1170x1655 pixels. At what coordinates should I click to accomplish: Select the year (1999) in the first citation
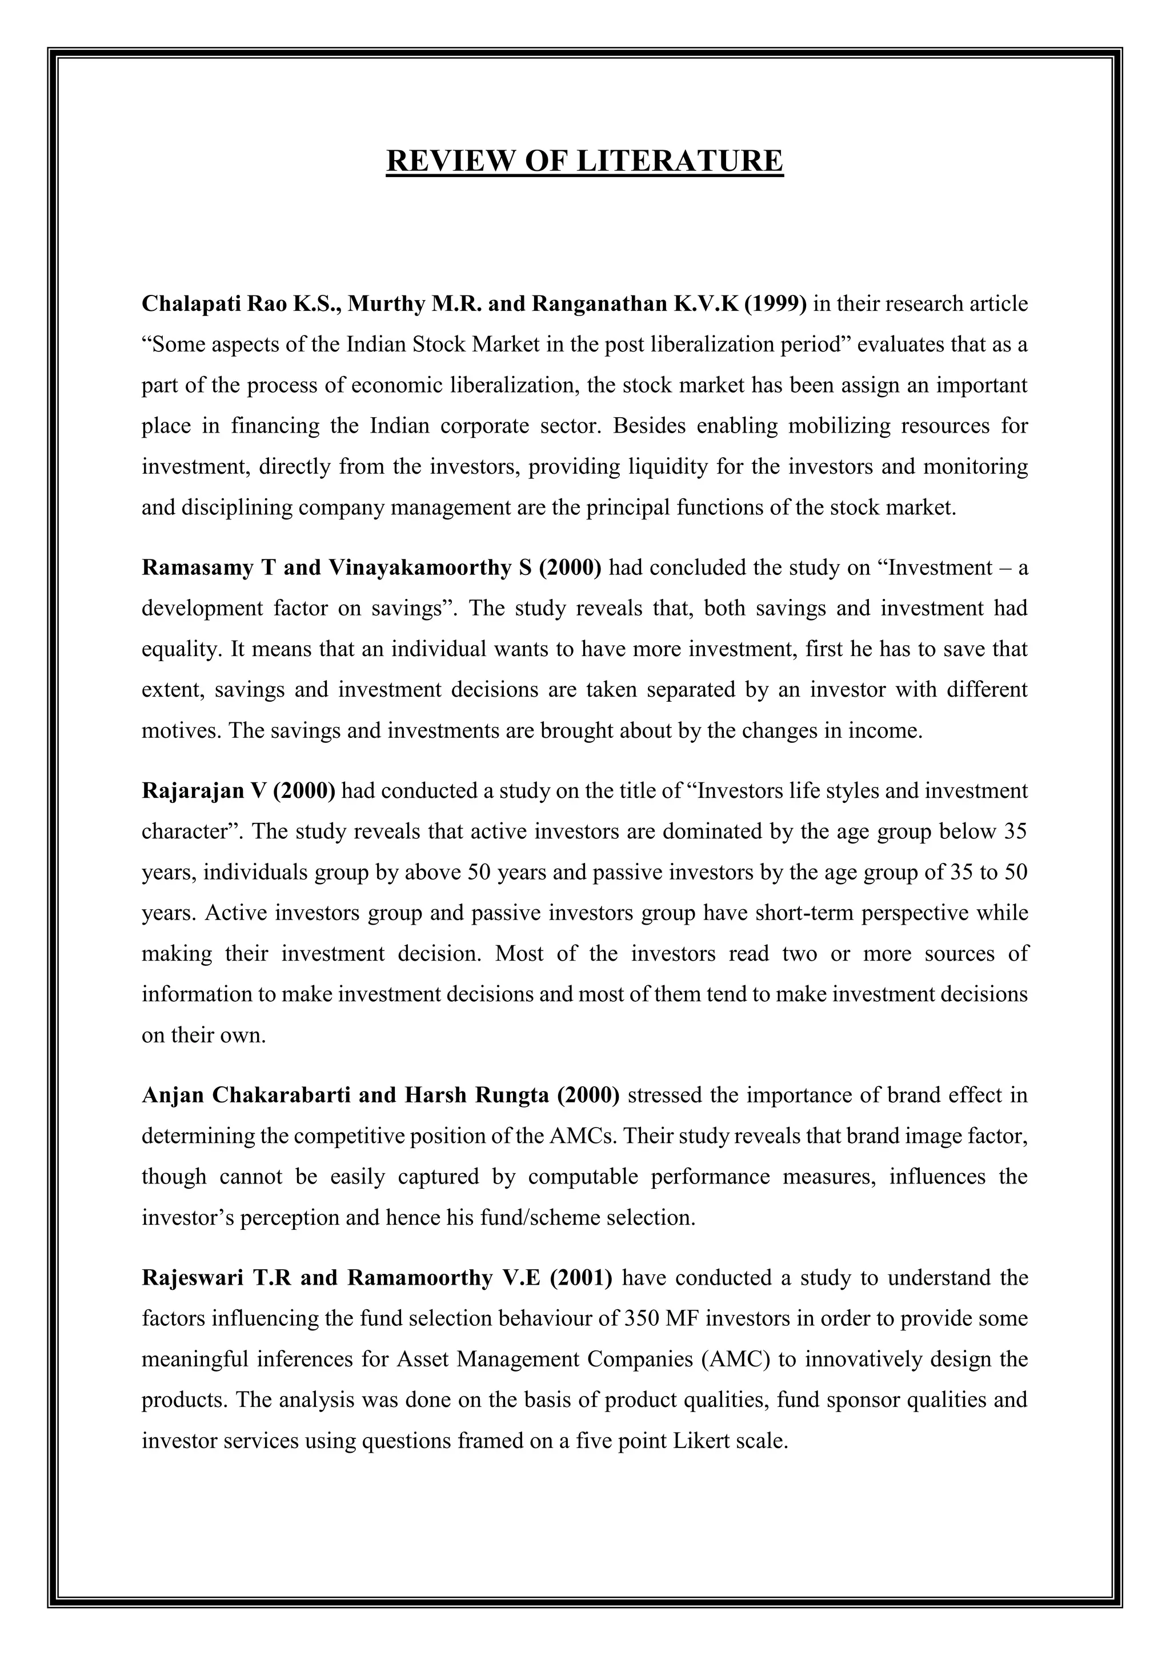[x=775, y=304]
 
